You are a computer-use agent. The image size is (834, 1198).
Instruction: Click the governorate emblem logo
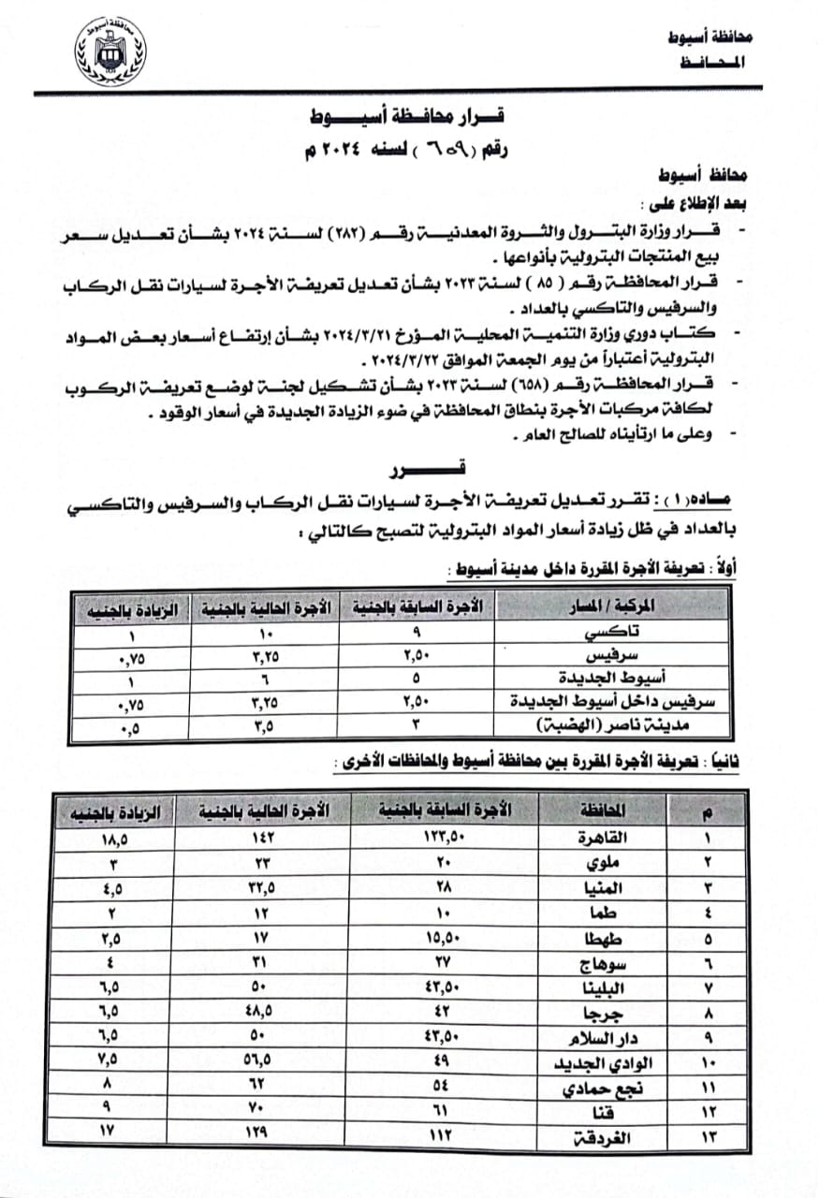(110, 51)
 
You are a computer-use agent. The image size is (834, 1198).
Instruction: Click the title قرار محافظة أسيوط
(408, 119)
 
